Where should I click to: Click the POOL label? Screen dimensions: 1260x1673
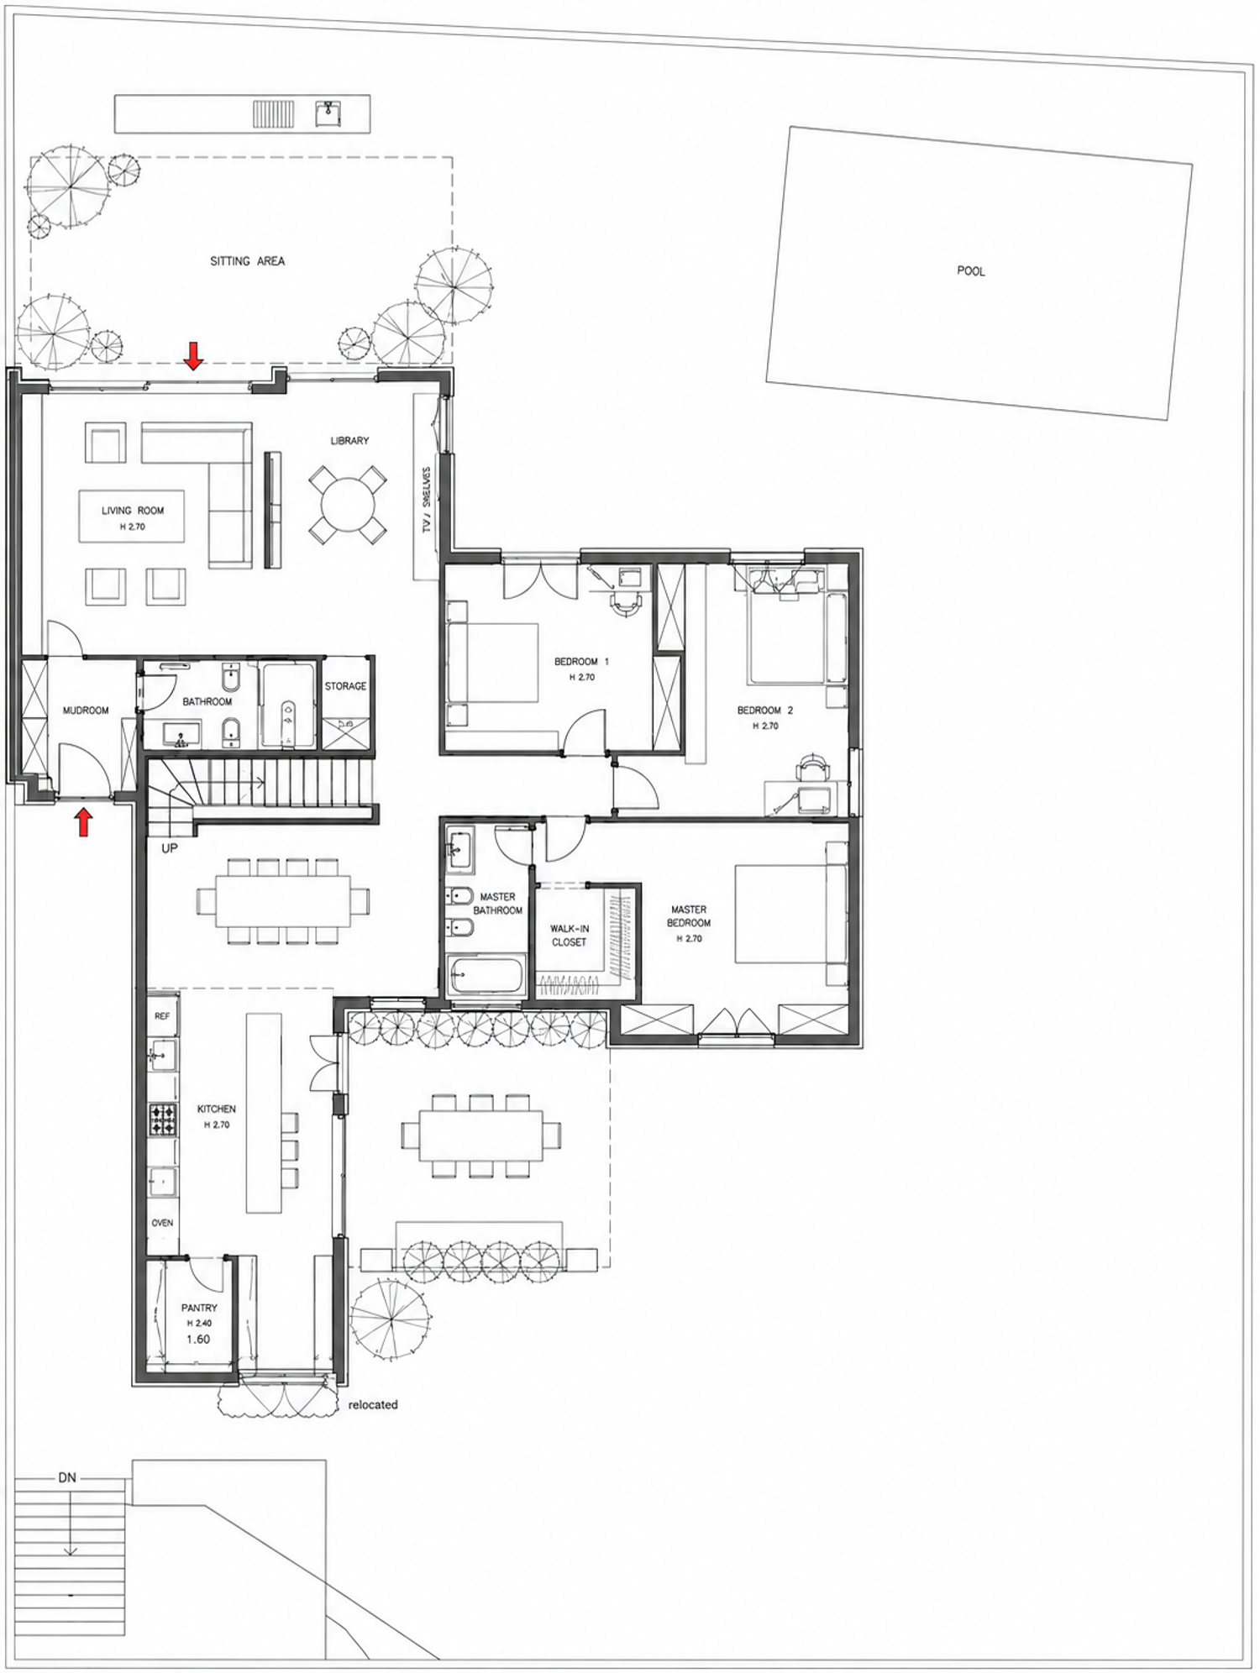tap(970, 271)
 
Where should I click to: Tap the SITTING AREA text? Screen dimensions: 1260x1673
tap(247, 261)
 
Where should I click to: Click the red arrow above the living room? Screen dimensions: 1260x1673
tap(194, 356)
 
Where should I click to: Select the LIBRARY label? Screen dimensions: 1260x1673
tap(349, 440)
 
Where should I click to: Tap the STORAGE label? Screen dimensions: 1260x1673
tap(345, 686)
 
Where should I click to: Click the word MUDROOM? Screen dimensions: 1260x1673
tap(86, 711)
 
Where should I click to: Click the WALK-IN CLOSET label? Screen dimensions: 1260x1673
tap(569, 936)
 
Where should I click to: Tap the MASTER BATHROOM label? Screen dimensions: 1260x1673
tap(497, 904)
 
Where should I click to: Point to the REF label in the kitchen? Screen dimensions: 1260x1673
tap(162, 1016)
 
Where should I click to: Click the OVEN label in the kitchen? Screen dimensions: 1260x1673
tap(162, 1223)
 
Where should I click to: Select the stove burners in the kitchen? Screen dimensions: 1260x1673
tap(163, 1120)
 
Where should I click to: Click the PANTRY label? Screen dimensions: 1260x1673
tap(199, 1308)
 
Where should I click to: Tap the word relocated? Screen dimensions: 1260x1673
tap(373, 1404)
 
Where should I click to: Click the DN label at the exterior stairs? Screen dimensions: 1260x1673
tap(67, 1478)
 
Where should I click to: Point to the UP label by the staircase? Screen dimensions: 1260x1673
tap(170, 849)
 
